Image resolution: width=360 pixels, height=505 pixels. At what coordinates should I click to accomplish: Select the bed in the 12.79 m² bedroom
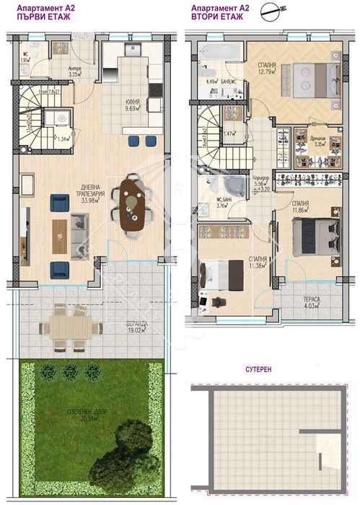pyautogui.click(x=312, y=75)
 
